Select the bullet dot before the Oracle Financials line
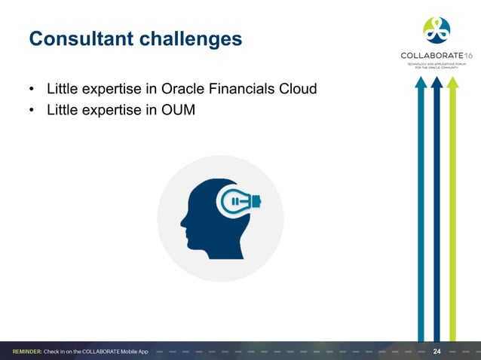(x=32, y=91)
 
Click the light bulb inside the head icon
(x=237, y=201)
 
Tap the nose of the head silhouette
(x=182, y=222)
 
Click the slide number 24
(x=437, y=352)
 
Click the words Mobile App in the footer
(x=131, y=352)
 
